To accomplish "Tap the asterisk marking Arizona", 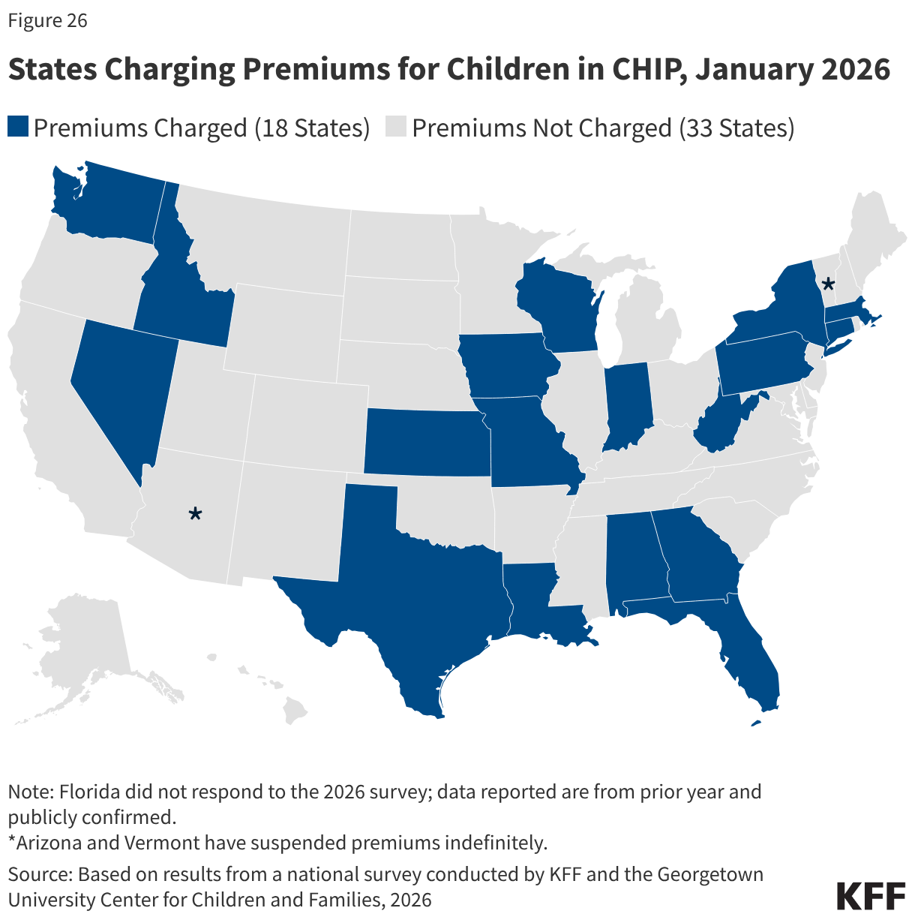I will click(x=195, y=514).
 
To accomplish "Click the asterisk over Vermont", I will click(x=828, y=284).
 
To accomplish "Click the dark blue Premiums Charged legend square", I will click(x=18, y=127).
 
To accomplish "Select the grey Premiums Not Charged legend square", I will click(x=395, y=127).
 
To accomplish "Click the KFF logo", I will click(x=870, y=896).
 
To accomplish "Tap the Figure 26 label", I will click(x=48, y=20).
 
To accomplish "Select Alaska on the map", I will click(x=82, y=653).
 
